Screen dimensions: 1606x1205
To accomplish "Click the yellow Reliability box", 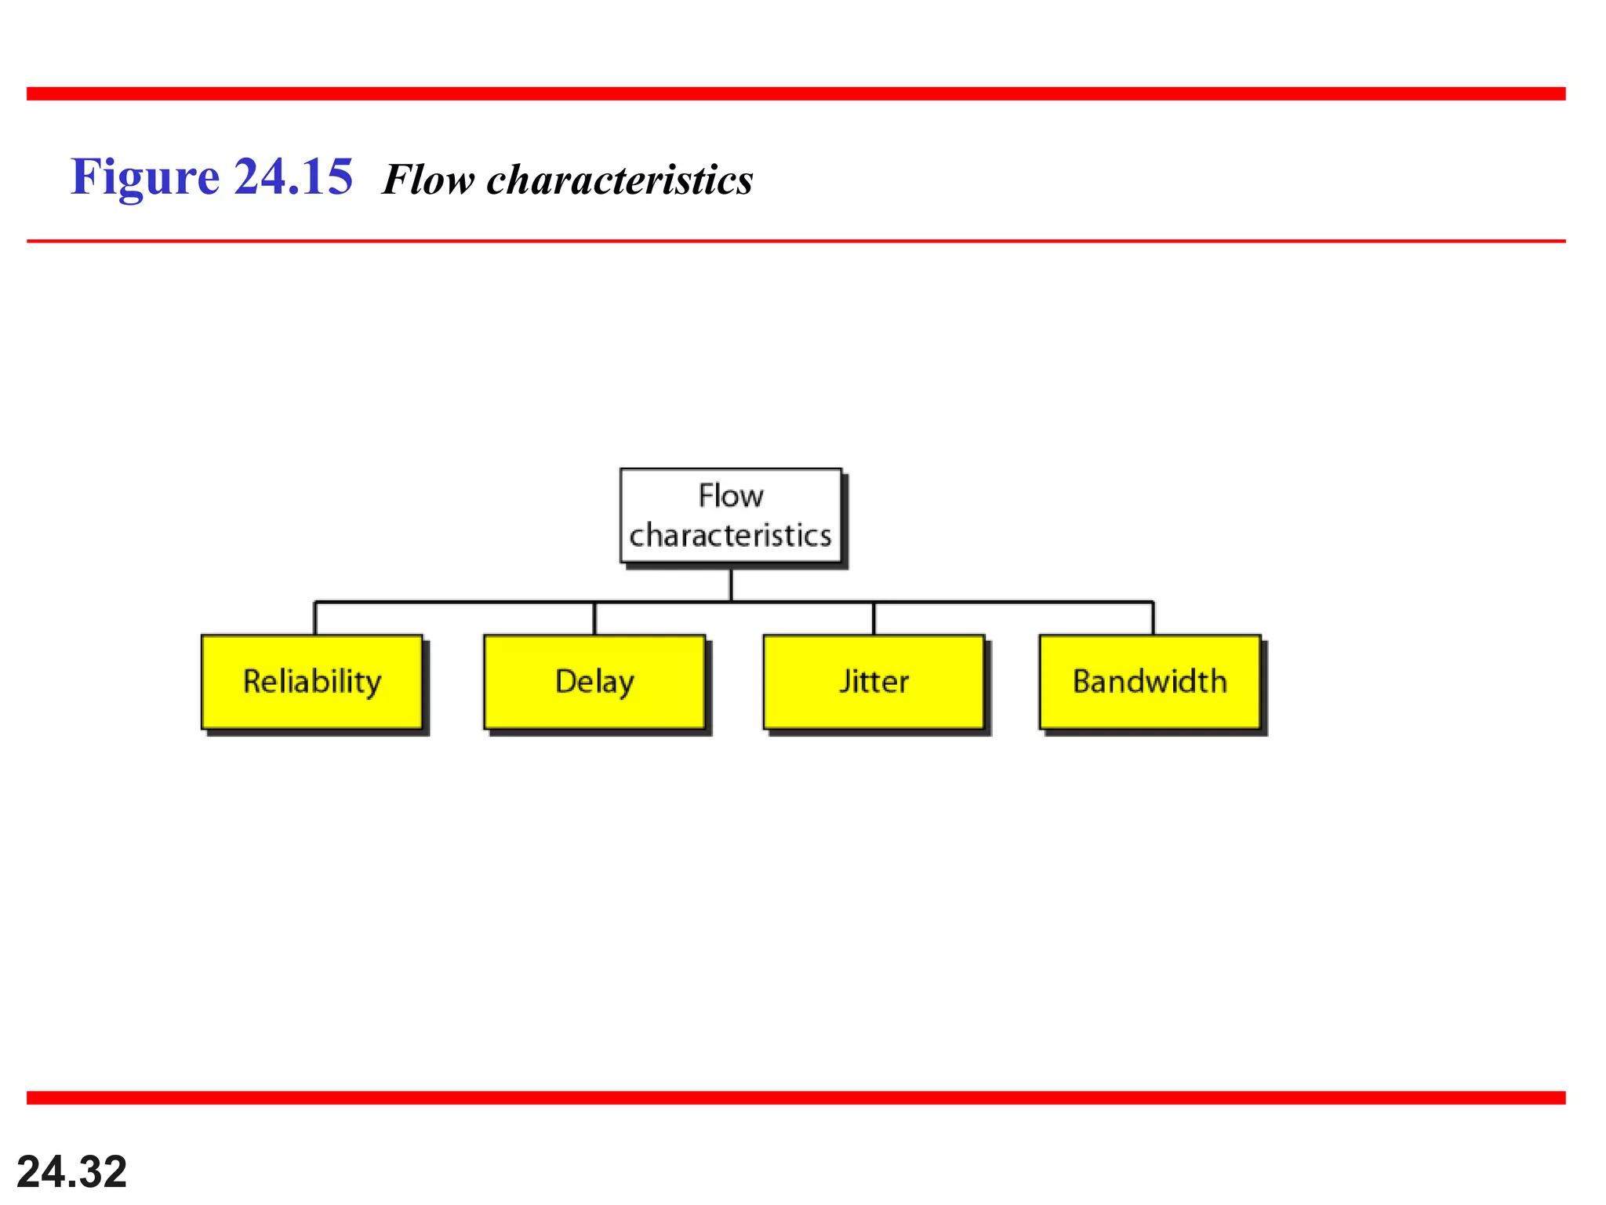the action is click(312, 682).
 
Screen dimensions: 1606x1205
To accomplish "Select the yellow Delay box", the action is click(594, 682).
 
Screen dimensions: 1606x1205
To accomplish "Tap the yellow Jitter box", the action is click(874, 682).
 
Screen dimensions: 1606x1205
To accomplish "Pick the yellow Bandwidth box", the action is click(1150, 682).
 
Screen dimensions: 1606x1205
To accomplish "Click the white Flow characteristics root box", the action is click(731, 515).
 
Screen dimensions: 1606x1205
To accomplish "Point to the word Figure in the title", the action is click(145, 177).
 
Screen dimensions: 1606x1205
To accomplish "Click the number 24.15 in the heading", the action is click(293, 177).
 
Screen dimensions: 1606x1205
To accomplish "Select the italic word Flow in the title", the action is click(428, 180).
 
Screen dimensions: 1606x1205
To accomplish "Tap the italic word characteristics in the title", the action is click(620, 180).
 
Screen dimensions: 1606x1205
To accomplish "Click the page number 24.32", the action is click(71, 1172).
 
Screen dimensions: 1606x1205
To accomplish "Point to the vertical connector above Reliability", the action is click(315, 618).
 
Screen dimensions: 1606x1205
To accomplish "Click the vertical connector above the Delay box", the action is click(594, 618).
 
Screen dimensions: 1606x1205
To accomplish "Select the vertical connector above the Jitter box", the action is click(874, 618).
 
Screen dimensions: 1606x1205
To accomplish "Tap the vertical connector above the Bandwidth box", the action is click(1153, 618).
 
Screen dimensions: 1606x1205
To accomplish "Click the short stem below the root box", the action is click(731, 584).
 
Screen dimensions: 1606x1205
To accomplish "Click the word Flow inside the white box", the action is click(731, 496).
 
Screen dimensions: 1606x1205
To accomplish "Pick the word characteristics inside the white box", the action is click(730, 536).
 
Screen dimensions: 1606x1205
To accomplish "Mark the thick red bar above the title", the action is click(796, 94).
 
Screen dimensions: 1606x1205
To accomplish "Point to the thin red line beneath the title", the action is click(796, 241).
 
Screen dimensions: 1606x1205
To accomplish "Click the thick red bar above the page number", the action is click(796, 1098).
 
